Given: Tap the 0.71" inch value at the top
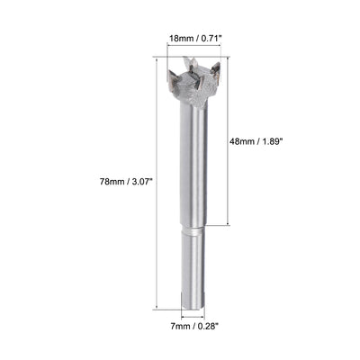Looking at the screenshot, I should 212,40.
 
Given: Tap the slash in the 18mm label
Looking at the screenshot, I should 196,40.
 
